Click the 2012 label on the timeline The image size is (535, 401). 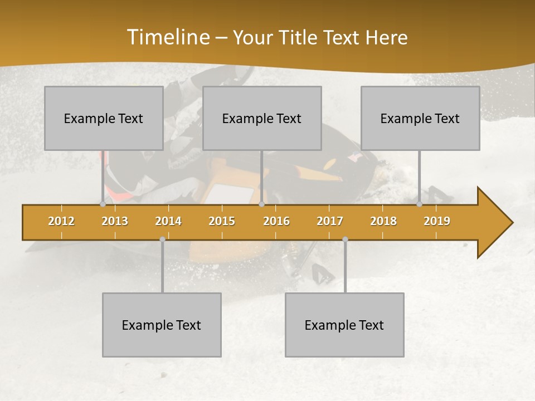pyautogui.click(x=61, y=221)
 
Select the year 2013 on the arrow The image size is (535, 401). pyautogui.click(x=115, y=221)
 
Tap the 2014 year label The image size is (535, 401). pyautogui.click(x=168, y=221)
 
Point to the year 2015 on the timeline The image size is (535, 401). pyautogui.click(x=222, y=221)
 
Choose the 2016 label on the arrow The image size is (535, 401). pyautogui.click(x=276, y=221)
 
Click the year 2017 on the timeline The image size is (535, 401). pyautogui.click(x=330, y=221)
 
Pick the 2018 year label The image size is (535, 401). pyautogui.click(x=383, y=221)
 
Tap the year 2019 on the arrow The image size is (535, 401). pyautogui.click(x=437, y=221)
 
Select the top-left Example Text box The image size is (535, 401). pyautogui.click(x=104, y=118)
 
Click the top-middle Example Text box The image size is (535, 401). pyautogui.click(x=262, y=118)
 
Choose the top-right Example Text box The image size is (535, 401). pyautogui.click(x=420, y=118)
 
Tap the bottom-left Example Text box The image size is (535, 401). pyautogui.click(x=162, y=325)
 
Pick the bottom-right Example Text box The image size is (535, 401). pyautogui.click(x=344, y=325)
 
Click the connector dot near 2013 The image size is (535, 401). pyautogui.click(x=103, y=204)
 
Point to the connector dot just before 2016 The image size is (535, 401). pyautogui.click(x=261, y=204)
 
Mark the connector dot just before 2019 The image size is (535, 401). pyautogui.click(x=420, y=204)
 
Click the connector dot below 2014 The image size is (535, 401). pyautogui.click(x=162, y=239)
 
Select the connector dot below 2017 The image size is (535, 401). pyautogui.click(x=345, y=239)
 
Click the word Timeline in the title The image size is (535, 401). pyautogui.click(x=167, y=37)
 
